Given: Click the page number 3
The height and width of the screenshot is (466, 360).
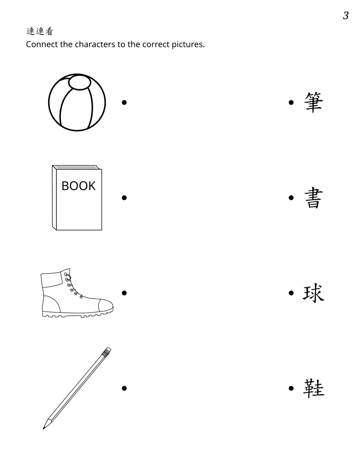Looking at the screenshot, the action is (x=346, y=15).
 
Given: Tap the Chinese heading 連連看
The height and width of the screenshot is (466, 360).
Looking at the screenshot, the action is (x=40, y=31).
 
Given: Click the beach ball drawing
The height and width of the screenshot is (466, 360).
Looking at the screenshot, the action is (x=77, y=102).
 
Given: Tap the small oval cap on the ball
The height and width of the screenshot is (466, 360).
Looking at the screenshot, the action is (x=79, y=83).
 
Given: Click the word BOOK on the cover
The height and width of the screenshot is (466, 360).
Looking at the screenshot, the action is (x=79, y=186).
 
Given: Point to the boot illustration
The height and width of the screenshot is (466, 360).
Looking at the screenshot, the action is (x=77, y=293).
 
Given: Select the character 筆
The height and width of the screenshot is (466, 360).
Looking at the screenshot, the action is (x=313, y=102).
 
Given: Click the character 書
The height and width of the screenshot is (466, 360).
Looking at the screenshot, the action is (x=313, y=198).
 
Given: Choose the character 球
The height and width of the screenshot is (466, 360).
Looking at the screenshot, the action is (x=313, y=293).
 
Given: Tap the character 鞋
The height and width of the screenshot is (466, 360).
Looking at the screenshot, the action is (x=313, y=388).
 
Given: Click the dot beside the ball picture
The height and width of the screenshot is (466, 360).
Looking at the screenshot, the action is (x=124, y=102).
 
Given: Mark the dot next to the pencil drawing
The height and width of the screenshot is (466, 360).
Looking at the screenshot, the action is (x=124, y=388).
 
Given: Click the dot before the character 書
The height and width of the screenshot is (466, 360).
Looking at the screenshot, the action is (x=291, y=198).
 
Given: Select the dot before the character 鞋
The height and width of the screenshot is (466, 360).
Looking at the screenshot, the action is (x=291, y=388).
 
